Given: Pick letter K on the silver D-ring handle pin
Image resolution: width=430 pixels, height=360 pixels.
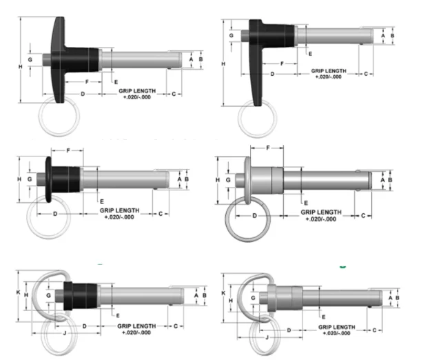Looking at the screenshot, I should (x=223, y=292).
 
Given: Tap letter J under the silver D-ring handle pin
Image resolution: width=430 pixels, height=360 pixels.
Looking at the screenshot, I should (x=267, y=338).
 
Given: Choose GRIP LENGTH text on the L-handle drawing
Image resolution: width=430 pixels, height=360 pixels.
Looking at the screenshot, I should (x=327, y=70).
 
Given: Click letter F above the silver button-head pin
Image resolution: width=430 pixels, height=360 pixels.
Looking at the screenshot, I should (x=267, y=147).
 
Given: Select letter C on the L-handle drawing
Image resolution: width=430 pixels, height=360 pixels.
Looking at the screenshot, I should (x=365, y=72).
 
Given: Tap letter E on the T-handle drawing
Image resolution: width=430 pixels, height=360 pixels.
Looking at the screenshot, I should (x=115, y=82).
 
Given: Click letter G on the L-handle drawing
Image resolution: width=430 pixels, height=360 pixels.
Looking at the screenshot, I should (x=231, y=34).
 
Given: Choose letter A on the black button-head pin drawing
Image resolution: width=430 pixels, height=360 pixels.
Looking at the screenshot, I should (x=180, y=179).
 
